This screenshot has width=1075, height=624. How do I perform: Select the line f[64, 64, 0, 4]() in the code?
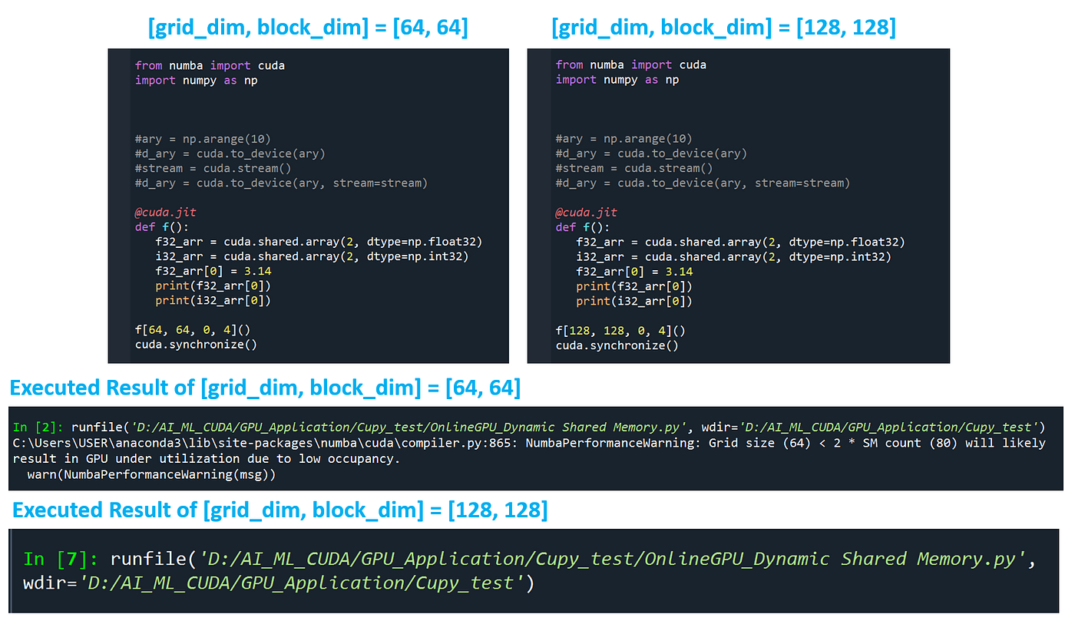pos(193,330)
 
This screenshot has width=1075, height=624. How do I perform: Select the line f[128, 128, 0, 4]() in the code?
pos(620,331)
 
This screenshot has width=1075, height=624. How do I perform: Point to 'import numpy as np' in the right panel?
pos(617,80)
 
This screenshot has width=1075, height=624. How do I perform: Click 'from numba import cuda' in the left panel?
pos(210,65)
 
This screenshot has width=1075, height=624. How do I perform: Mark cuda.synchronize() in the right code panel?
pos(617,345)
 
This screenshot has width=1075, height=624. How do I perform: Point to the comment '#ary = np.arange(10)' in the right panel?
pos(623,139)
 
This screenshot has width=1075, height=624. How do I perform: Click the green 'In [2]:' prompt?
pos(40,427)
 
